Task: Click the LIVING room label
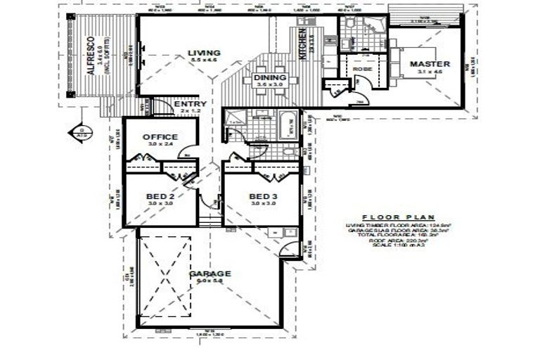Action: (x=204, y=53)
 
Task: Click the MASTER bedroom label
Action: (x=430, y=64)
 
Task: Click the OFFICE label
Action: (x=160, y=137)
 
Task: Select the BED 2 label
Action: (x=160, y=196)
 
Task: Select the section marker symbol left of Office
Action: (x=83, y=131)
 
